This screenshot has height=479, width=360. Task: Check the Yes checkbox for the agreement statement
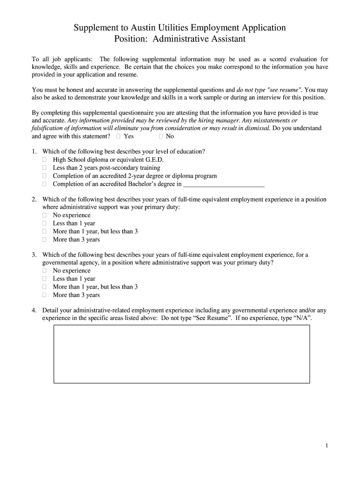click(x=118, y=136)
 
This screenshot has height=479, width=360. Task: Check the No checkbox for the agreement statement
click(x=161, y=136)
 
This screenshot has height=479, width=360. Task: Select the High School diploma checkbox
click(x=45, y=160)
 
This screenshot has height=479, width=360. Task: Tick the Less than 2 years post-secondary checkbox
click(x=45, y=167)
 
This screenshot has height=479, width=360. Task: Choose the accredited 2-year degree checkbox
click(x=45, y=176)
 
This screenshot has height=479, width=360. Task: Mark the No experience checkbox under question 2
click(x=45, y=215)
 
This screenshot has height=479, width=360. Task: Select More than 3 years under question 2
click(x=45, y=239)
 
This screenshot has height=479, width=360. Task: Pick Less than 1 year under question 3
click(x=45, y=279)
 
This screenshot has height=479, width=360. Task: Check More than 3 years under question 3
click(x=45, y=295)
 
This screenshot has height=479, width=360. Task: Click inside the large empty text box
click(x=181, y=354)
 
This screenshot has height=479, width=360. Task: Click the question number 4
click(x=34, y=310)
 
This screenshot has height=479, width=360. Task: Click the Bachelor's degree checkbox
click(x=45, y=184)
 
